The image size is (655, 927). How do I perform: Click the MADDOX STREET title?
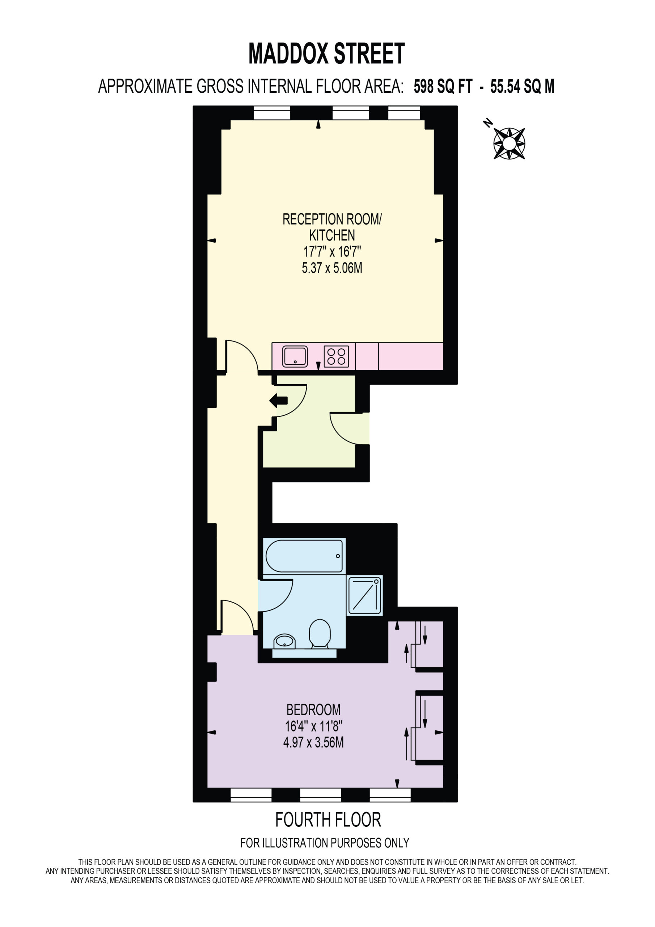[326, 53]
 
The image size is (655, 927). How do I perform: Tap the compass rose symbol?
[509, 143]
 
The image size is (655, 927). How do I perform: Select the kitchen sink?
[295, 356]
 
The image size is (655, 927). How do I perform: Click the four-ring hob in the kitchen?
[336, 356]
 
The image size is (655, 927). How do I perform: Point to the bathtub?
[304, 556]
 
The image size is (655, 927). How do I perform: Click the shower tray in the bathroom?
[365, 596]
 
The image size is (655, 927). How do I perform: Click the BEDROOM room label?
[314, 709]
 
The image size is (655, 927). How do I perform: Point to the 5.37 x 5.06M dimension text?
[332, 268]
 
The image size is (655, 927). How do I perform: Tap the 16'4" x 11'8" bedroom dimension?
[314, 726]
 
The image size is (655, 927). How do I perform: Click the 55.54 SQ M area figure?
[522, 87]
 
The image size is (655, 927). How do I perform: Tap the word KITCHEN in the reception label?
[332, 235]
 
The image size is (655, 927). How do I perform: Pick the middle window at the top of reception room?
[350, 113]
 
